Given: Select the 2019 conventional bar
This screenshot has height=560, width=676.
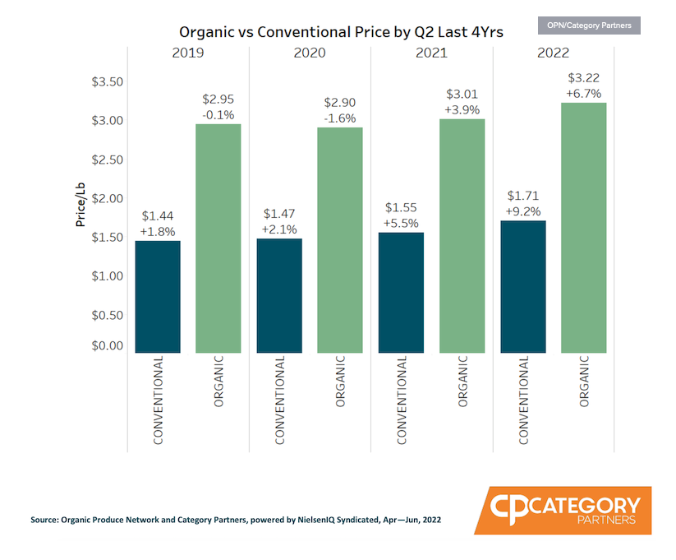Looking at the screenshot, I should pos(158,296).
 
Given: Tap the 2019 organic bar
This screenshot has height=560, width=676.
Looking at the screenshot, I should pos(218,238).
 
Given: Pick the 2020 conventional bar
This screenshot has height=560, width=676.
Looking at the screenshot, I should pos(279,295).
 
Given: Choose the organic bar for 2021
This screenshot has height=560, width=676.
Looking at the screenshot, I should pos(462,236).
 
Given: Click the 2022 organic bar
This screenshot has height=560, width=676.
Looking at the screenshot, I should pos(583,228).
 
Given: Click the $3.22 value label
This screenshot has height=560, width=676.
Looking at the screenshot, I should pos(583,78).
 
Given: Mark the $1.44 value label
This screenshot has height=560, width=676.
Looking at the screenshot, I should pos(158,216).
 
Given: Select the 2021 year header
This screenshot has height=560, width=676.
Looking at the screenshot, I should pos(431,53).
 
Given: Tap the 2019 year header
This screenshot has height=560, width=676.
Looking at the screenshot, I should pos(188,53).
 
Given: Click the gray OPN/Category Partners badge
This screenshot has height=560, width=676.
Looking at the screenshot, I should pos(589,25).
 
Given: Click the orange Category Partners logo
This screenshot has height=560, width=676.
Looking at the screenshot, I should pos(563,510).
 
